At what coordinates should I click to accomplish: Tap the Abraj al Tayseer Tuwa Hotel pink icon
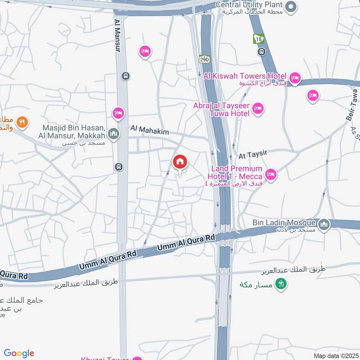pos(257,108)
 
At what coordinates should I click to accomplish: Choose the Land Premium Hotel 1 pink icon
pos(270,174)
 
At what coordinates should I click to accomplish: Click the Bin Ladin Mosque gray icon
pos(324,224)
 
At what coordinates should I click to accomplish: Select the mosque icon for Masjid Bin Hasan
pos(114,134)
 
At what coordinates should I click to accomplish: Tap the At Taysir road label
pos(253,154)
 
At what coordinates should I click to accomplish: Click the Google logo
pos(19,353)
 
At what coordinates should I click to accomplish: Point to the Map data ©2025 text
pos(335,355)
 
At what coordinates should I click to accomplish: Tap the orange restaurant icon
pos(22,121)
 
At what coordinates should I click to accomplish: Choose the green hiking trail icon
pos(281,284)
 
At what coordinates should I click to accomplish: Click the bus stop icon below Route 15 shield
pos(261,52)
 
